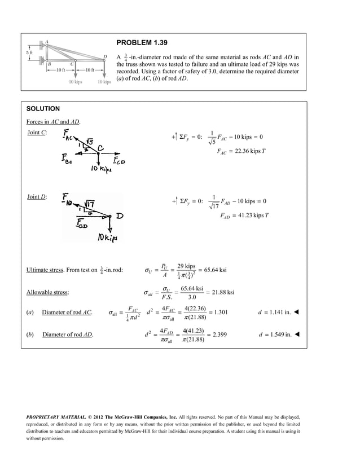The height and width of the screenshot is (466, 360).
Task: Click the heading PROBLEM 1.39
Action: pos(142,42)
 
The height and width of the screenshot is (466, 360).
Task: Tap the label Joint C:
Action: pos(37,132)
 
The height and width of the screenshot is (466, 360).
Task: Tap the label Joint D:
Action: pos(37,196)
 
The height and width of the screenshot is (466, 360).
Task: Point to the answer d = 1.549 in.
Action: pos(276,335)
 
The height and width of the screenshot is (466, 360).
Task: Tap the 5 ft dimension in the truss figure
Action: pos(31,52)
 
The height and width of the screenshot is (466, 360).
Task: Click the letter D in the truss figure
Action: pos(105,56)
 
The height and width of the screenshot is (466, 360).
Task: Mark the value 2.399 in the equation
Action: pos(218,335)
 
